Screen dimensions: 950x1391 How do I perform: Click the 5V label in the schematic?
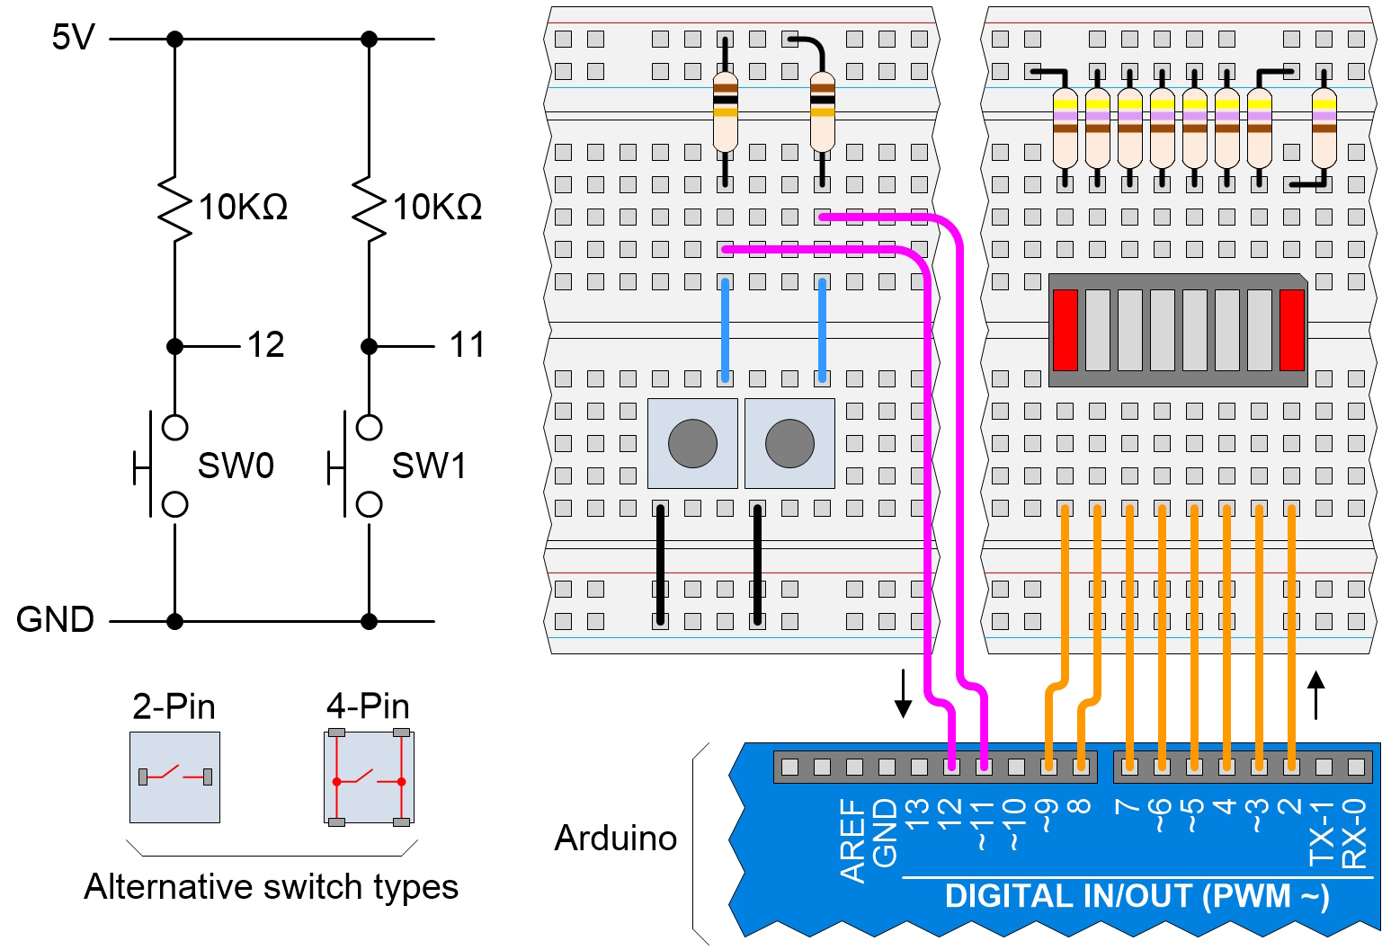(x=73, y=38)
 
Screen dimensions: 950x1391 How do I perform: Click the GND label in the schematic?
(x=55, y=620)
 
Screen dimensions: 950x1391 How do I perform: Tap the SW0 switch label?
(x=235, y=466)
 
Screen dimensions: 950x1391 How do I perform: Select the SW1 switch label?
(x=429, y=466)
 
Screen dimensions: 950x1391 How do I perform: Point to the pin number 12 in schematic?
(x=265, y=345)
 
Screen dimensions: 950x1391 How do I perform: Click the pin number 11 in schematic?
(x=467, y=345)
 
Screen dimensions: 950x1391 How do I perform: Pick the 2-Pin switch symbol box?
(x=174, y=777)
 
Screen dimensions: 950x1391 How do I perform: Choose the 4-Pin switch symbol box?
(x=369, y=777)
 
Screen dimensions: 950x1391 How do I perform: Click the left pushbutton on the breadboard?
(x=692, y=444)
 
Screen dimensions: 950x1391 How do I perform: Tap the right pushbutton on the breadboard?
(x=789, y=444)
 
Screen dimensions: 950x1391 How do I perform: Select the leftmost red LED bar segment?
(x=1065, y=330)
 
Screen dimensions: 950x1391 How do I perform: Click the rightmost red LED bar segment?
(x=1291, y=330)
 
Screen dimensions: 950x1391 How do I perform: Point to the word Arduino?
(x=616, y=839)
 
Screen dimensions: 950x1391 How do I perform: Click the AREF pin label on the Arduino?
(x=852, y=839)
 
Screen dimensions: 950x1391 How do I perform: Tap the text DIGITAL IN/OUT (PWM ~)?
(x=1137, y=897)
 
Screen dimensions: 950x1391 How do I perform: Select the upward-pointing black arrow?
(x=1316, y=695)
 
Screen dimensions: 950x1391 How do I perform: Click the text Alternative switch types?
(x=271, y=887)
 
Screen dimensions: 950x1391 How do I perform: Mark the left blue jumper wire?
(x=725, y=330)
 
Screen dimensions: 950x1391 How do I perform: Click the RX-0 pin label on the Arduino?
(x=1354, y=834)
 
